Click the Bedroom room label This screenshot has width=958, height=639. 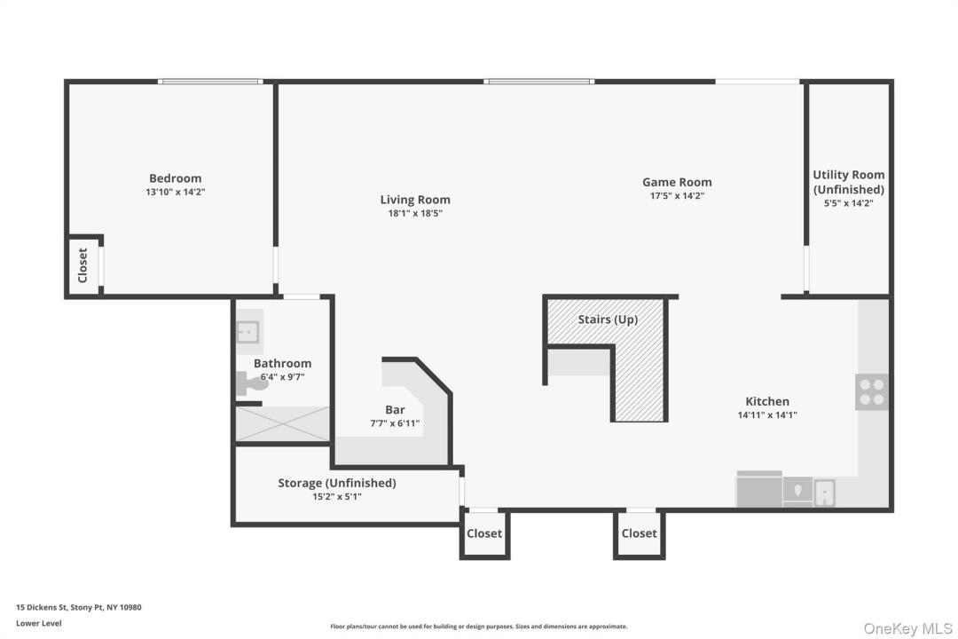(176, 177)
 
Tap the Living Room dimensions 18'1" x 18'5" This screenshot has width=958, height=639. (415, 213)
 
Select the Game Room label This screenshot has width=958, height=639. (677, 182)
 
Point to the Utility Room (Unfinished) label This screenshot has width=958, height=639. (849, 182)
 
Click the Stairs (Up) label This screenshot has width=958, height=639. (608, 319)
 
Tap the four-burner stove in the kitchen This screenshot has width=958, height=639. (872, 392)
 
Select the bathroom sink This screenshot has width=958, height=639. (248, 332)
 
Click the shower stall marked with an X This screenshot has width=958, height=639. (283, 423)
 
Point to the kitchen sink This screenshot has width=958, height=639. (824, 493)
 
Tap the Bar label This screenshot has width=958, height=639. (395, 410)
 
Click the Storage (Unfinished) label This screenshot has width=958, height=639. (337, 483)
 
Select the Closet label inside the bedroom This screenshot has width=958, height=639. (83, 265)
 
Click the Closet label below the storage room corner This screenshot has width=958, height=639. (484, 533)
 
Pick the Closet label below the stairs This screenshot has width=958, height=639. (639, 533)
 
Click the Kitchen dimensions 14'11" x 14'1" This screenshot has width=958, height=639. (767, 415)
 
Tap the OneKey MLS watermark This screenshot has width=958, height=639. (907, 628)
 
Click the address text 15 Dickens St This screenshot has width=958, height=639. (42, 607)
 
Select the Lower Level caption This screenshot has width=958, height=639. (38, 623)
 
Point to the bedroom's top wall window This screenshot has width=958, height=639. (210, 82)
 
